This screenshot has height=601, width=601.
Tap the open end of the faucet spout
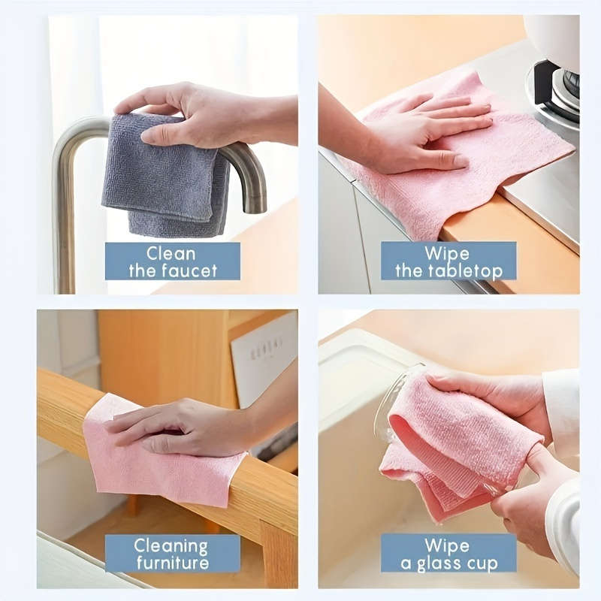tap(255, 206)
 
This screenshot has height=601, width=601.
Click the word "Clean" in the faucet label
tap(172, 252)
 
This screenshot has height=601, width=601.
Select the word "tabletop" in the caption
tap(466, 270)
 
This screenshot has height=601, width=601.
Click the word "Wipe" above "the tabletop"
tap(448, 252)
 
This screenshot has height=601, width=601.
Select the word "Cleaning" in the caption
tap(172, 545)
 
